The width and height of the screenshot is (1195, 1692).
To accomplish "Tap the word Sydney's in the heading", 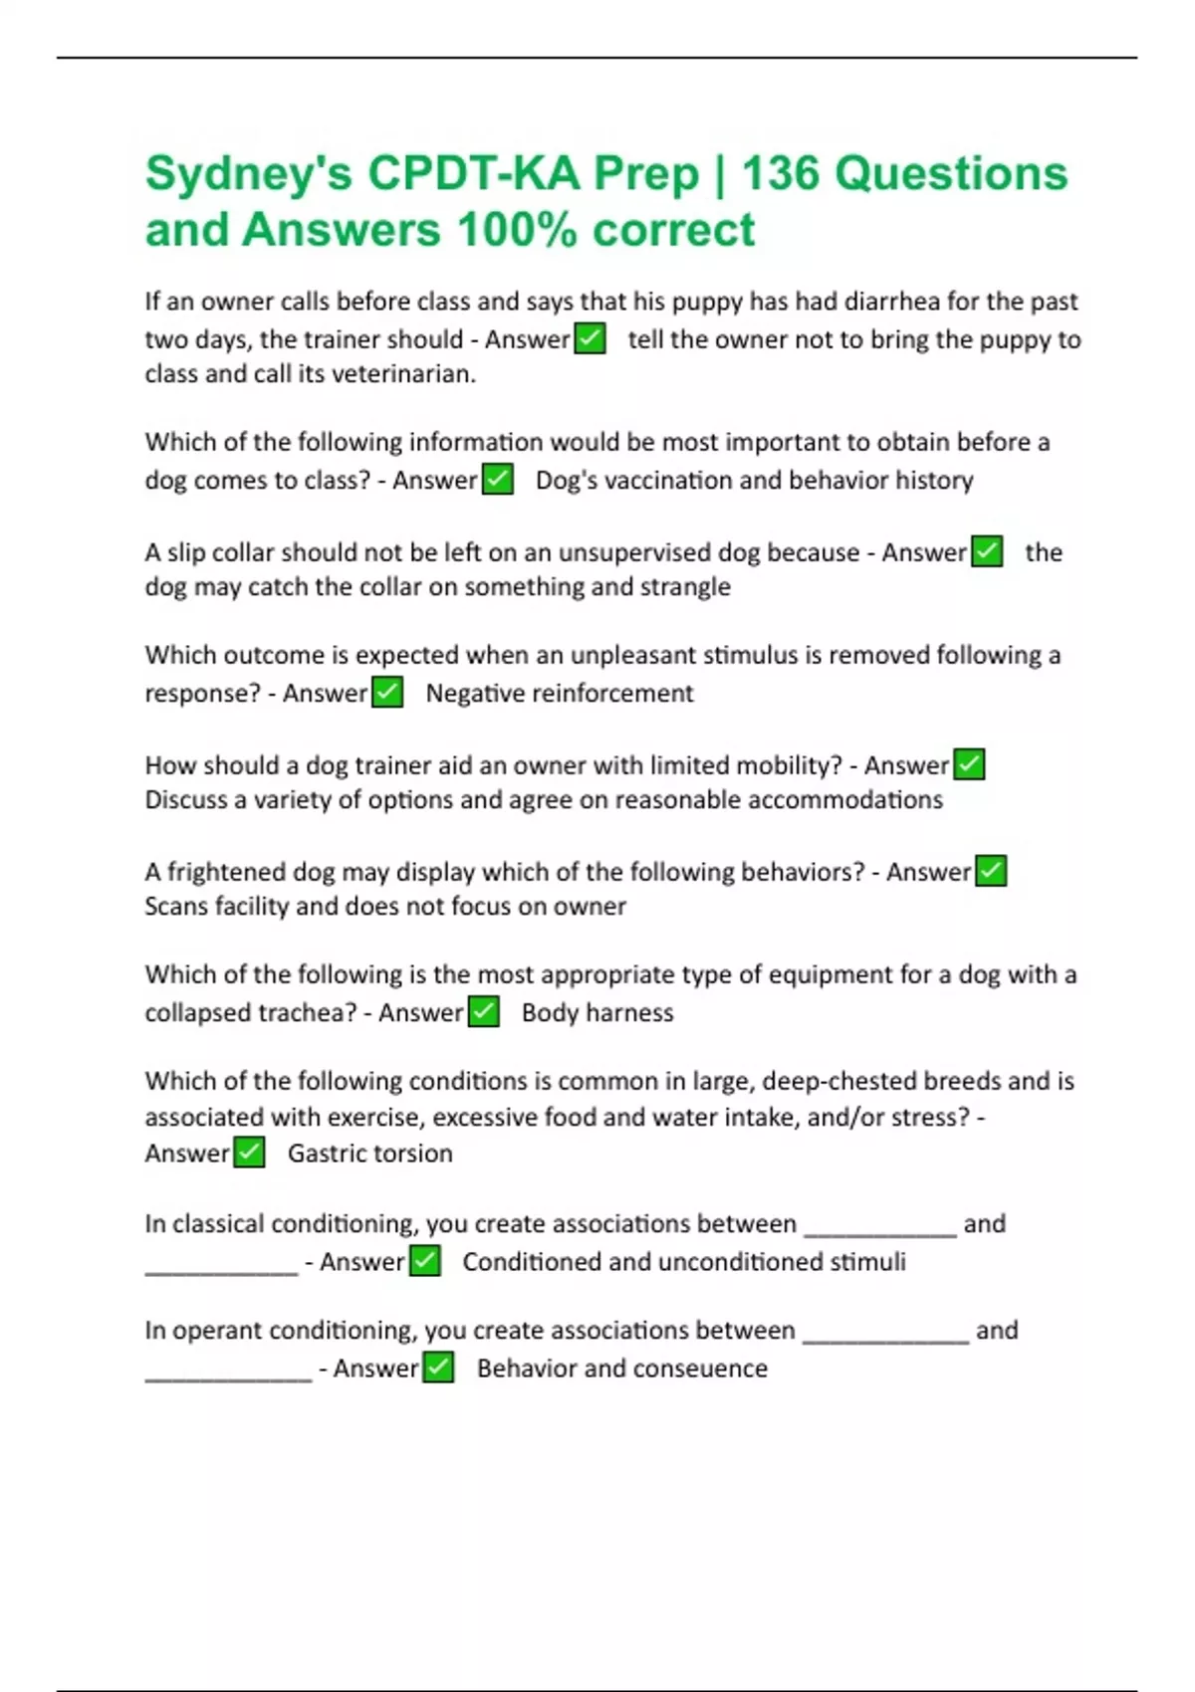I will pyautogui.click(x=249, y=173).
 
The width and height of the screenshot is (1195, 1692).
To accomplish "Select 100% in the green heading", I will pyautogui.click(x=517, y=230).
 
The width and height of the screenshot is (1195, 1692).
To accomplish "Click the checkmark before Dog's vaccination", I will pyautogui.click(x=498, y=480).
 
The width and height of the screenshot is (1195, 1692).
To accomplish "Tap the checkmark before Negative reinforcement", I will pyautogui.click(x=387, y=692).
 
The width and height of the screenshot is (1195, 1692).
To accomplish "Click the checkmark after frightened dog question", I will pyautogui.click(x=991, y=871).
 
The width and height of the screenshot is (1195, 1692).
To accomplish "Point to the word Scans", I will pyautogui.click(x=176, y=907).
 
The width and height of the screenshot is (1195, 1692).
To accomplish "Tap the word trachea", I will pyautogui.click(x=306, y=1013).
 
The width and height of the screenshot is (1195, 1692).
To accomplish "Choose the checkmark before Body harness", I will pyautogui.click(x=484, y=1012).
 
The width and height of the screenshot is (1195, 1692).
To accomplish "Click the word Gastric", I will pyautogui.click(x=327, y=1154).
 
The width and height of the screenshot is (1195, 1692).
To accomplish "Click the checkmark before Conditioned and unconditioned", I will pyautogui.click(x=425, y=1261).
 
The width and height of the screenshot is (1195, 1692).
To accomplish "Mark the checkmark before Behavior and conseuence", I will pyautogui.click(x=438, y=1368).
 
